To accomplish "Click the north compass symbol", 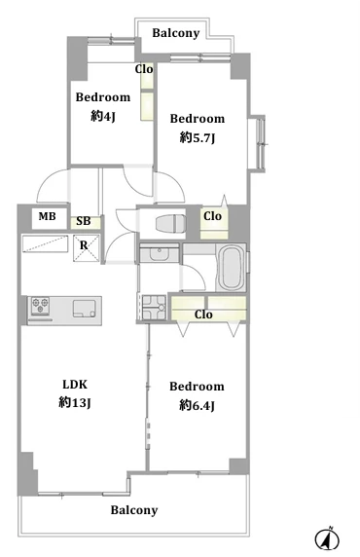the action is pos(327,539).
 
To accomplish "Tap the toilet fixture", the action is pos(171,224).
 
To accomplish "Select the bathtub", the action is pos(232,268).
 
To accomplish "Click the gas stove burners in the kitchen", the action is pos(40,306).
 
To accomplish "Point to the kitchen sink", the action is pos(84,309).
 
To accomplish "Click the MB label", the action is pos(48,216).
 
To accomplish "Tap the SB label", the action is pos(84,221).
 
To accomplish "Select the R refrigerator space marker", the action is pos(84,245).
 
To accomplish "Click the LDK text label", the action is pos(75,384).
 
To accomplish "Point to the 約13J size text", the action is pos(75,402).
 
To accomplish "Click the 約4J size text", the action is pos(103,116).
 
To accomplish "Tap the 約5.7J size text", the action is pos(198,137).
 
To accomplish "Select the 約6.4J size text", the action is pos(197,405).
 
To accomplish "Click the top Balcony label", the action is pos(176,33).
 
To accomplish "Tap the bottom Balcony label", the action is pos(134,510).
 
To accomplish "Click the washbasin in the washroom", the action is pos(160,253).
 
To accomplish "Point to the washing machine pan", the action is pos(154,308).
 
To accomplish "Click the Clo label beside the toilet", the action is pos(213,215).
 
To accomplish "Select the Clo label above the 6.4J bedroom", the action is pos(203,315).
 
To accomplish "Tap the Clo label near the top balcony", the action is pos(144,68).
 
